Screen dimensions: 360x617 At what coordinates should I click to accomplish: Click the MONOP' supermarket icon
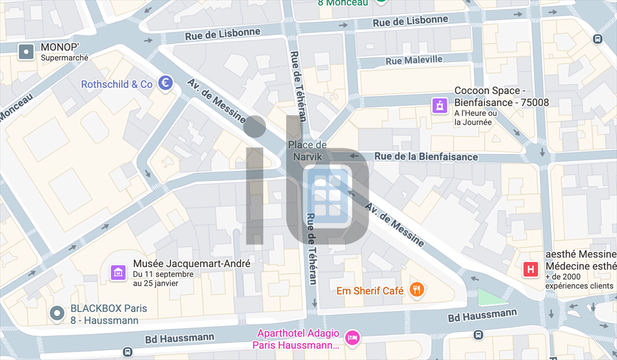27,52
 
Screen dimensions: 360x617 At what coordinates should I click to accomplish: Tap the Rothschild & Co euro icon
166,83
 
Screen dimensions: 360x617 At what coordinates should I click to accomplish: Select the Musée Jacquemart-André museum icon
118,273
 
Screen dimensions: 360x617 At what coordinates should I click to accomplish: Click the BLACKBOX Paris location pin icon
57,313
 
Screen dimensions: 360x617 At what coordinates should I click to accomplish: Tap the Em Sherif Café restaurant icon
417,290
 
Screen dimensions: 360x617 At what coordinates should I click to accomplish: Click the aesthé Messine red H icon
531,270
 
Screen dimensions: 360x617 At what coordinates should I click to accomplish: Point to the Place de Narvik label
307,151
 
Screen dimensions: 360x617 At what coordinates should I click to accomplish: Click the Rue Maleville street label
414,60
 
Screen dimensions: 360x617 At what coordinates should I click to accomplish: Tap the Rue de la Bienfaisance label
426,157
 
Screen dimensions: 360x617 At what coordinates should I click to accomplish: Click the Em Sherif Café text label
369,291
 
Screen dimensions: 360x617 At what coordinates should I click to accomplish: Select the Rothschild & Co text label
117,84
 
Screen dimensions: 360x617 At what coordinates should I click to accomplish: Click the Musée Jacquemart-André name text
192,264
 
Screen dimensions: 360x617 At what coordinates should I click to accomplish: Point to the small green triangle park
491,297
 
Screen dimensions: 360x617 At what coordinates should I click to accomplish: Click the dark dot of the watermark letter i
255,126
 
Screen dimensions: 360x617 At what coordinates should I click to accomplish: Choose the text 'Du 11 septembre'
163,274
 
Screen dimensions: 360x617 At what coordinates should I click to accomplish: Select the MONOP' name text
61,46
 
